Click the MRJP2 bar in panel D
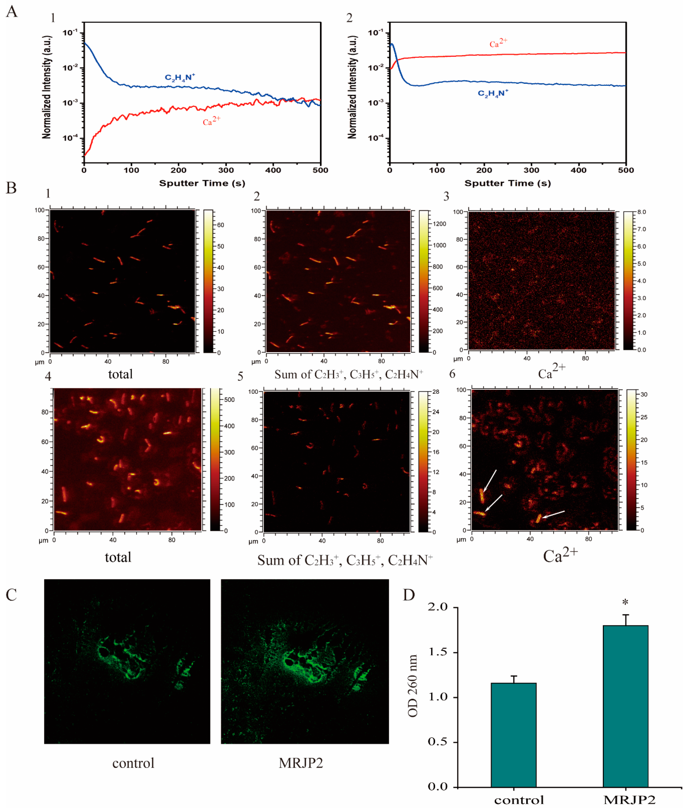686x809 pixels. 625,706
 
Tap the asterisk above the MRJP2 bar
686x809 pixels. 625,602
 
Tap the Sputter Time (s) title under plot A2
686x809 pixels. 507,183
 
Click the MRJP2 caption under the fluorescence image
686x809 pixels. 301,763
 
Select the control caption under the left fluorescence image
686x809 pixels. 133,763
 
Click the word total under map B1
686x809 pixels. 120,374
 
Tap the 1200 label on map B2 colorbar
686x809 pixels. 439,224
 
